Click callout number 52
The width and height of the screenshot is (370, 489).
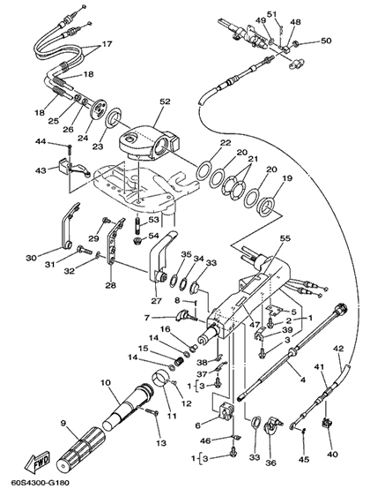pyautogui.click(x=166, y=102)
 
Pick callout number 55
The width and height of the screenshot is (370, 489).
pyautogui.click(x=285, y=238)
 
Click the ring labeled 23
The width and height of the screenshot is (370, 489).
pyautogui.click(x=113, y=118)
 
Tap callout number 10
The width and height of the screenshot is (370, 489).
pyautogui.click(x=106, y=381)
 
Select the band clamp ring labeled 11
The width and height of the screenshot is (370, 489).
pyautogui.click(x=161, y=378)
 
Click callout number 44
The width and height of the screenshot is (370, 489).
pyautogui.click(x=41, y=142)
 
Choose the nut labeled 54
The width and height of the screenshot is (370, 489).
pyautogui.click(x=137, y=241)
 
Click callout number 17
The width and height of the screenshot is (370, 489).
pyautogui.click(x=107, y=44)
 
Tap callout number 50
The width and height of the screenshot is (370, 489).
pyautogui.click(x=326, y=41)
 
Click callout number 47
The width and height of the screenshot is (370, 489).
pyautogui.click(x=255, y=324)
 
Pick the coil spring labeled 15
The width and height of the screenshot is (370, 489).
pyautogui.click(x=179, y=363)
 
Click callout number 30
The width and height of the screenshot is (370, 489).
pyautogui.click(x=32, y=258)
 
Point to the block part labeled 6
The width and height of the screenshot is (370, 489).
pyautogui.click(x=226, y=412)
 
